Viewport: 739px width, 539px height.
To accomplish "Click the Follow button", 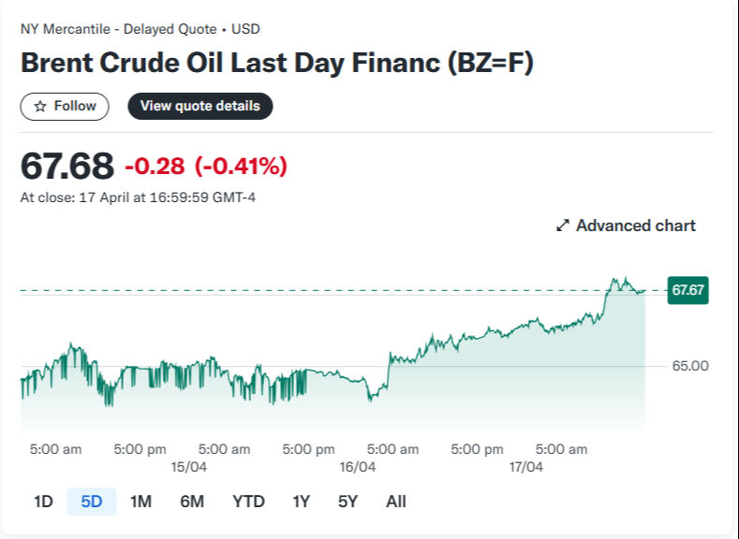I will [x=65, y=107].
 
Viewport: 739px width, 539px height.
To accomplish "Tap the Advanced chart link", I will [x=626, y=226].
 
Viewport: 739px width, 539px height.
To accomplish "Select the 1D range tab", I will [x=43, y=502].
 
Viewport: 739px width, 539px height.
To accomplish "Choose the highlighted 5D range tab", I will [x=92, y=502].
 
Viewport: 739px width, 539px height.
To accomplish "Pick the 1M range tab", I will [x=140, y=502].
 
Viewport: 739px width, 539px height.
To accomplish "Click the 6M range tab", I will [x=192, y=502].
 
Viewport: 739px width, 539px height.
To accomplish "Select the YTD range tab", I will [x=248, y=502].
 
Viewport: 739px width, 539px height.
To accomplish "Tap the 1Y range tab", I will [x=301, y=502].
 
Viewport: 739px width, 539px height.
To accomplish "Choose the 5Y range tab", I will [x=347, y=502].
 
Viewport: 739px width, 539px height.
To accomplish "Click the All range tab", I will [x=396, y=502].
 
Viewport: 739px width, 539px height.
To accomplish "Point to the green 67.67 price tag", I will [x=687, y=290].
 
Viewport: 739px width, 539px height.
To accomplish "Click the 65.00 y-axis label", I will [x=690, y=366].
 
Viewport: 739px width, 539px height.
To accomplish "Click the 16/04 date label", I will [x=357, y=467].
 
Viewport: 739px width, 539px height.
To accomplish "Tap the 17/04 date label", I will [x=525, y=467].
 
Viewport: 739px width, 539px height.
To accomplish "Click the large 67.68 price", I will [x=67, y=167].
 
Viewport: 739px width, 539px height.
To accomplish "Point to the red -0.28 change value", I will [x=155, y=167].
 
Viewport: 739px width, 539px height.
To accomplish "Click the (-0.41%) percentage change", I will [x=241, y=167].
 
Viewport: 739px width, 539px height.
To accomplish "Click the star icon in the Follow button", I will [x=40, y=107].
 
